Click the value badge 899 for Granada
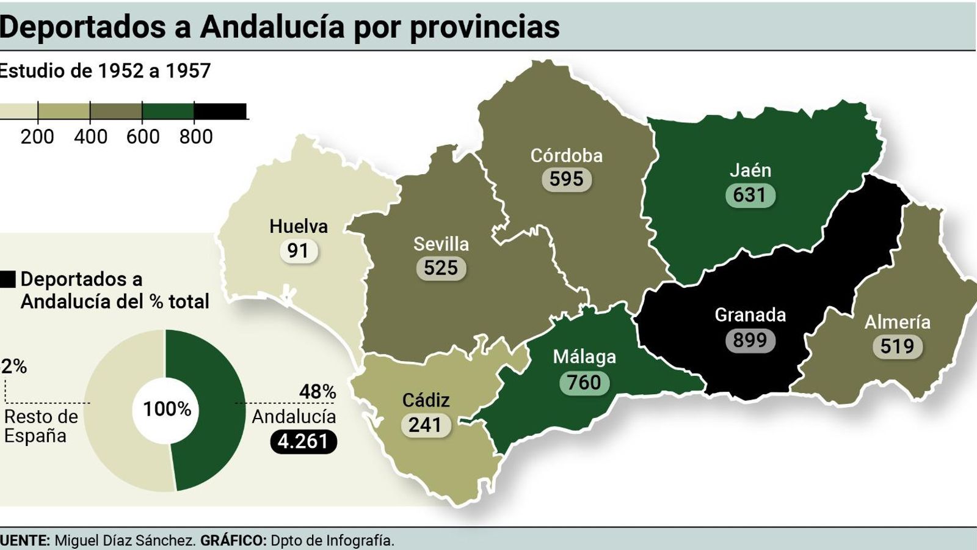(x=750, y=340)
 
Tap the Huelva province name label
(x=299, y=227)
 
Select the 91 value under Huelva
(x=298, y=251)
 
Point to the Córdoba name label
(x=566, y=156)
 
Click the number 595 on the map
(x=566, y=179)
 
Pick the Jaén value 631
(x=750, y=195)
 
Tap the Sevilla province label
(x=441, y=244)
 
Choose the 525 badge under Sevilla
(x=441, y=268)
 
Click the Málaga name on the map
(x=584, y=357)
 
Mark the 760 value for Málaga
(x=584, y=383)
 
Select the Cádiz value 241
(x=425, y=425)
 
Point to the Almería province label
(x=897, y=322)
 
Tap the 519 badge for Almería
(x=897, y=346)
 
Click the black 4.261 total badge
(x=303, y=441)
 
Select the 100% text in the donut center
(x=167, y=409)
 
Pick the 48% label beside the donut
(x=317, y=391)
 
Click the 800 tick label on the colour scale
(x=195, y=137)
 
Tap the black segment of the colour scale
(x=220, y=111)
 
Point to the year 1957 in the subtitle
(x=187, y=71)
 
